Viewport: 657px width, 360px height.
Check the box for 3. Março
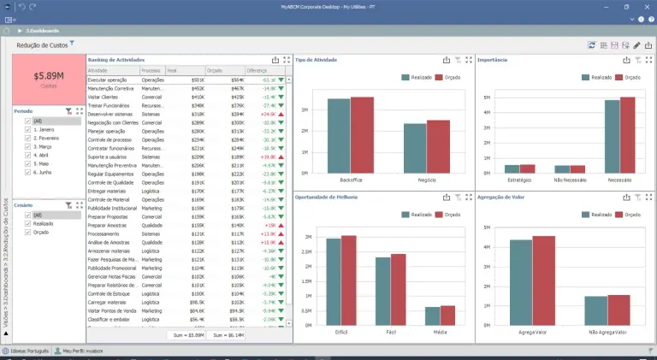tap(28, 145)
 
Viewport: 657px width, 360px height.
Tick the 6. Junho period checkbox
tap(28, 171)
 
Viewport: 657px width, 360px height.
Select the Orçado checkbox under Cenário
tap(28, 231)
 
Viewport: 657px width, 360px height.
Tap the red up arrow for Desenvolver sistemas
tap(281, 114)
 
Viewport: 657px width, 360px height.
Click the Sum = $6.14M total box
tap(228, 336)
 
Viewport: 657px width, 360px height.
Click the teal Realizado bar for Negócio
tap(415, 148)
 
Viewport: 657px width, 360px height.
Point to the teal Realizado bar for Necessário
tap(612, 137)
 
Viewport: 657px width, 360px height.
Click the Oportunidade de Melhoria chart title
tap(327, 198)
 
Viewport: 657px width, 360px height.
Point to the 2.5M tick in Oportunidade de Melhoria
tap(305, 254)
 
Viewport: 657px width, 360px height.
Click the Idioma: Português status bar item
tap(26, 351)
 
